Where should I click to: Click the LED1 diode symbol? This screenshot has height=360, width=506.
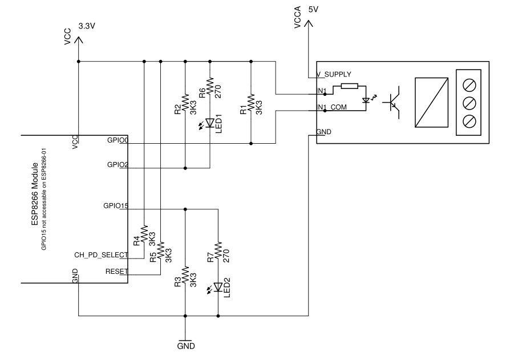(x=209, y=122)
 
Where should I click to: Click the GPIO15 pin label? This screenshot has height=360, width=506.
(x=116, y=205)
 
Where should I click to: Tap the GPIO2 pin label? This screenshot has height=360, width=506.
(x=118, y=164)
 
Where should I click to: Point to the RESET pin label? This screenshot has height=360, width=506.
(x=117, y=272)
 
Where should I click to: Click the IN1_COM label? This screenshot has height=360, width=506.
(x=331, y=107)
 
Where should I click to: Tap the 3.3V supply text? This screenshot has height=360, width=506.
(x=87, y=26)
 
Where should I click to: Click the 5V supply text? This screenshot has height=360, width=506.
(x=313, y=10)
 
